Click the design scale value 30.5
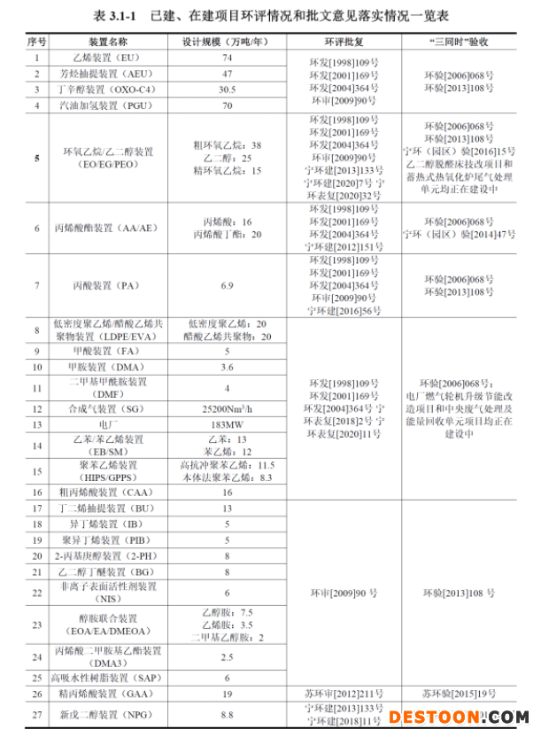coord(227,89)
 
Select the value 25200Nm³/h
coord(227,408)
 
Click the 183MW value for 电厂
coord(227,424)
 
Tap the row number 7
coord(37,285)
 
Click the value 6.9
coord(227,285)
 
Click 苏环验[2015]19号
coord(460,694)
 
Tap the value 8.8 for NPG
coord(227,714)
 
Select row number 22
coord(37,593)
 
